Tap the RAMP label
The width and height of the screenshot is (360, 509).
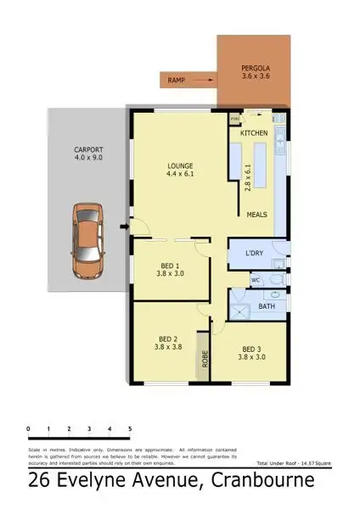click(177, 81)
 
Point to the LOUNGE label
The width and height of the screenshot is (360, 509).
click(181, 165)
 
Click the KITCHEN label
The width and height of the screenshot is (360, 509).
click(254, 134)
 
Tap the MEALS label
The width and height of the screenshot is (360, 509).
click(257, 215)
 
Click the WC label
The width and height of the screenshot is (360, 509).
click(255, 278)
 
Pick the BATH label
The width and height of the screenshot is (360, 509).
click(266, 305)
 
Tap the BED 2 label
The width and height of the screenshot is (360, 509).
click(167, 337)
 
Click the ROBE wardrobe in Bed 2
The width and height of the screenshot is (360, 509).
click(204, 357)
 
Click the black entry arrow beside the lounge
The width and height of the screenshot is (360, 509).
click(124, 227)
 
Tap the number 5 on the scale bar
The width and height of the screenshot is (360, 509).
click(129, 429)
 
